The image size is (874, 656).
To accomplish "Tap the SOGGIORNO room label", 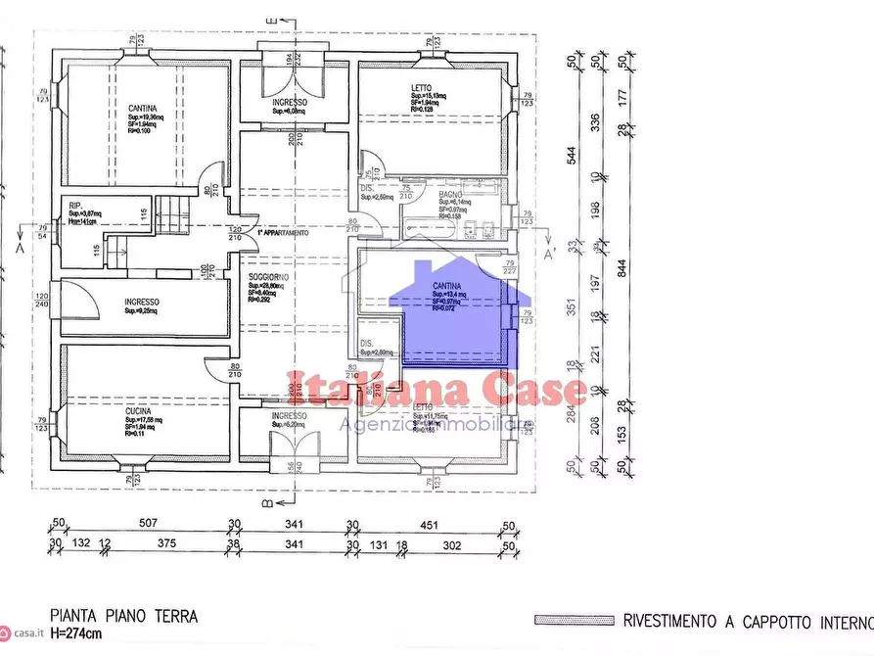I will (x=266, y=278).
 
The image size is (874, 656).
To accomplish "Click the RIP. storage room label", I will (x=75, y=205).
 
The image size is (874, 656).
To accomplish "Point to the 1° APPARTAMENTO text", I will (x=284, y=234).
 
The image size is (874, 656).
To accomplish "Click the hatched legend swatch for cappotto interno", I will (x=573, y=620).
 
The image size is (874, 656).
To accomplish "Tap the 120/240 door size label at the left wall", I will (x=42, y=300).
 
